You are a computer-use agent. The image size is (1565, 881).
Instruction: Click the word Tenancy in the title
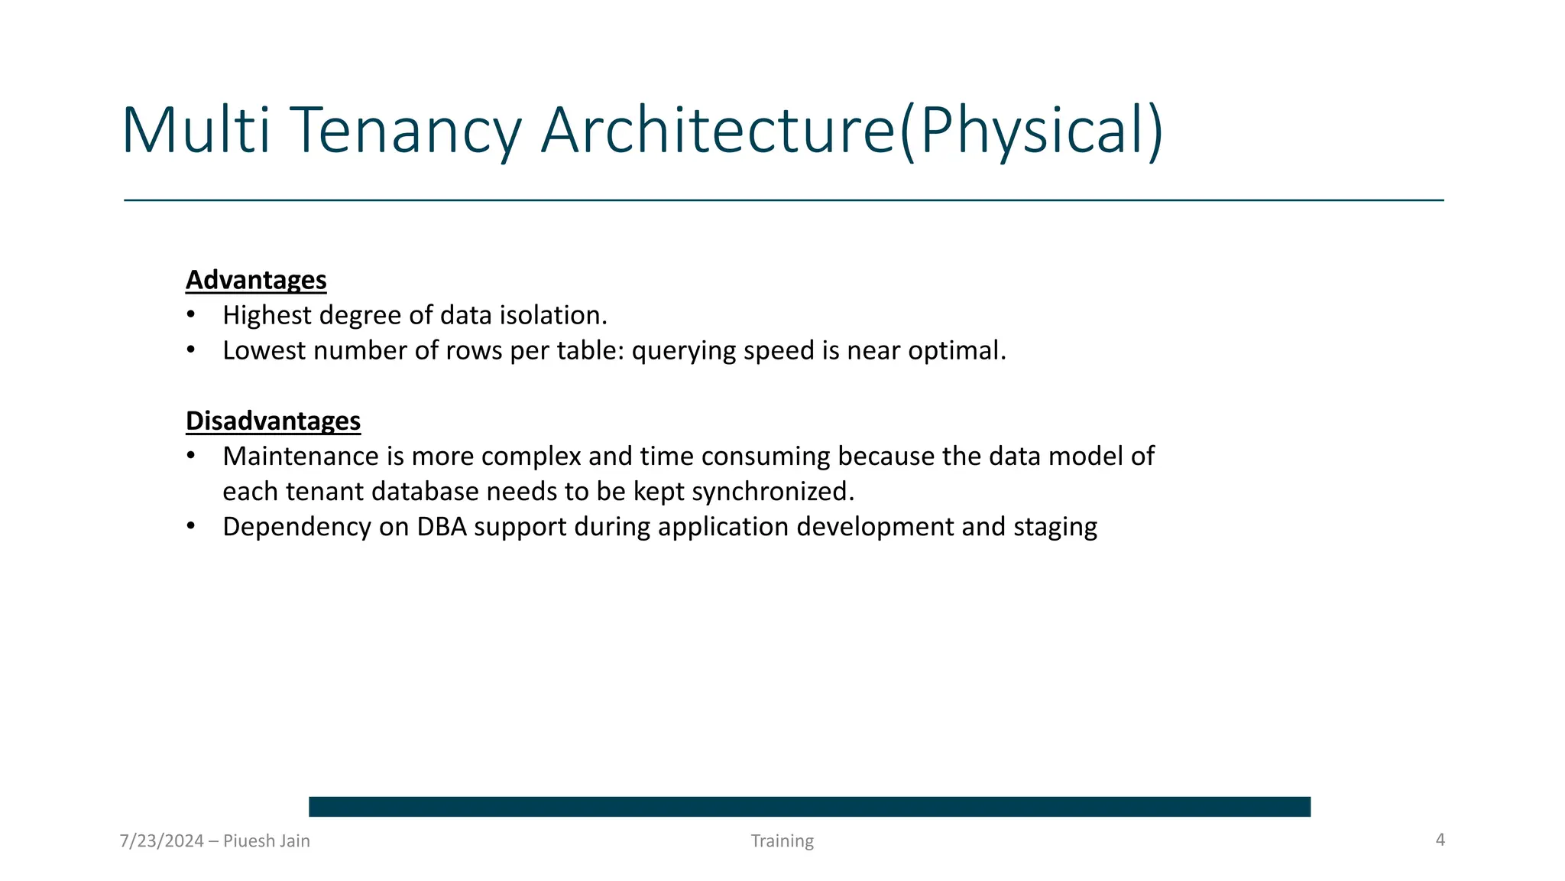click(x=405, y=132)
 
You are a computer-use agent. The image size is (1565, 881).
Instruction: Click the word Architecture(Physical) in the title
click(x=852, y=132)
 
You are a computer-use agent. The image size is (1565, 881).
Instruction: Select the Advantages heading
click(x=256, y=280)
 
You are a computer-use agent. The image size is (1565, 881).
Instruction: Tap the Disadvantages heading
click(x=273, y=421)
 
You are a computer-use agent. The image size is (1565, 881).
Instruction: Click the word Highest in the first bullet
click(x=267, y=315)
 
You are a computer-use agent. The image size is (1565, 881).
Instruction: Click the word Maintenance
click(x=300, y=456)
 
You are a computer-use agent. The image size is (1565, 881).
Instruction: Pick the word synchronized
click(x=773, y=492)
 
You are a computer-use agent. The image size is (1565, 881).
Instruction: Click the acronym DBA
click(x=441, y=527)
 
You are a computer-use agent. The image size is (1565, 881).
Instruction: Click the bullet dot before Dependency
click(x=191, y=526)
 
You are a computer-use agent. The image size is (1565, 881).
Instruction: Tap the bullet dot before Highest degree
click(x=191, y=315)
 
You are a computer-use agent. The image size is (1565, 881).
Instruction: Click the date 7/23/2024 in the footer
click(x=162, y=841)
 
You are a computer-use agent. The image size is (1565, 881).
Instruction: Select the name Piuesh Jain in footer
click(x=267, y=841)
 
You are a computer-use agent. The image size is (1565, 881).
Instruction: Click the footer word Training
click(x=782, y=841)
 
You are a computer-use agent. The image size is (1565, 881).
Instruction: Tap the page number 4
click(x=1440, y=840)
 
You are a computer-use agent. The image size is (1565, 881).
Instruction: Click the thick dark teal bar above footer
click(x=809, y=806)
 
